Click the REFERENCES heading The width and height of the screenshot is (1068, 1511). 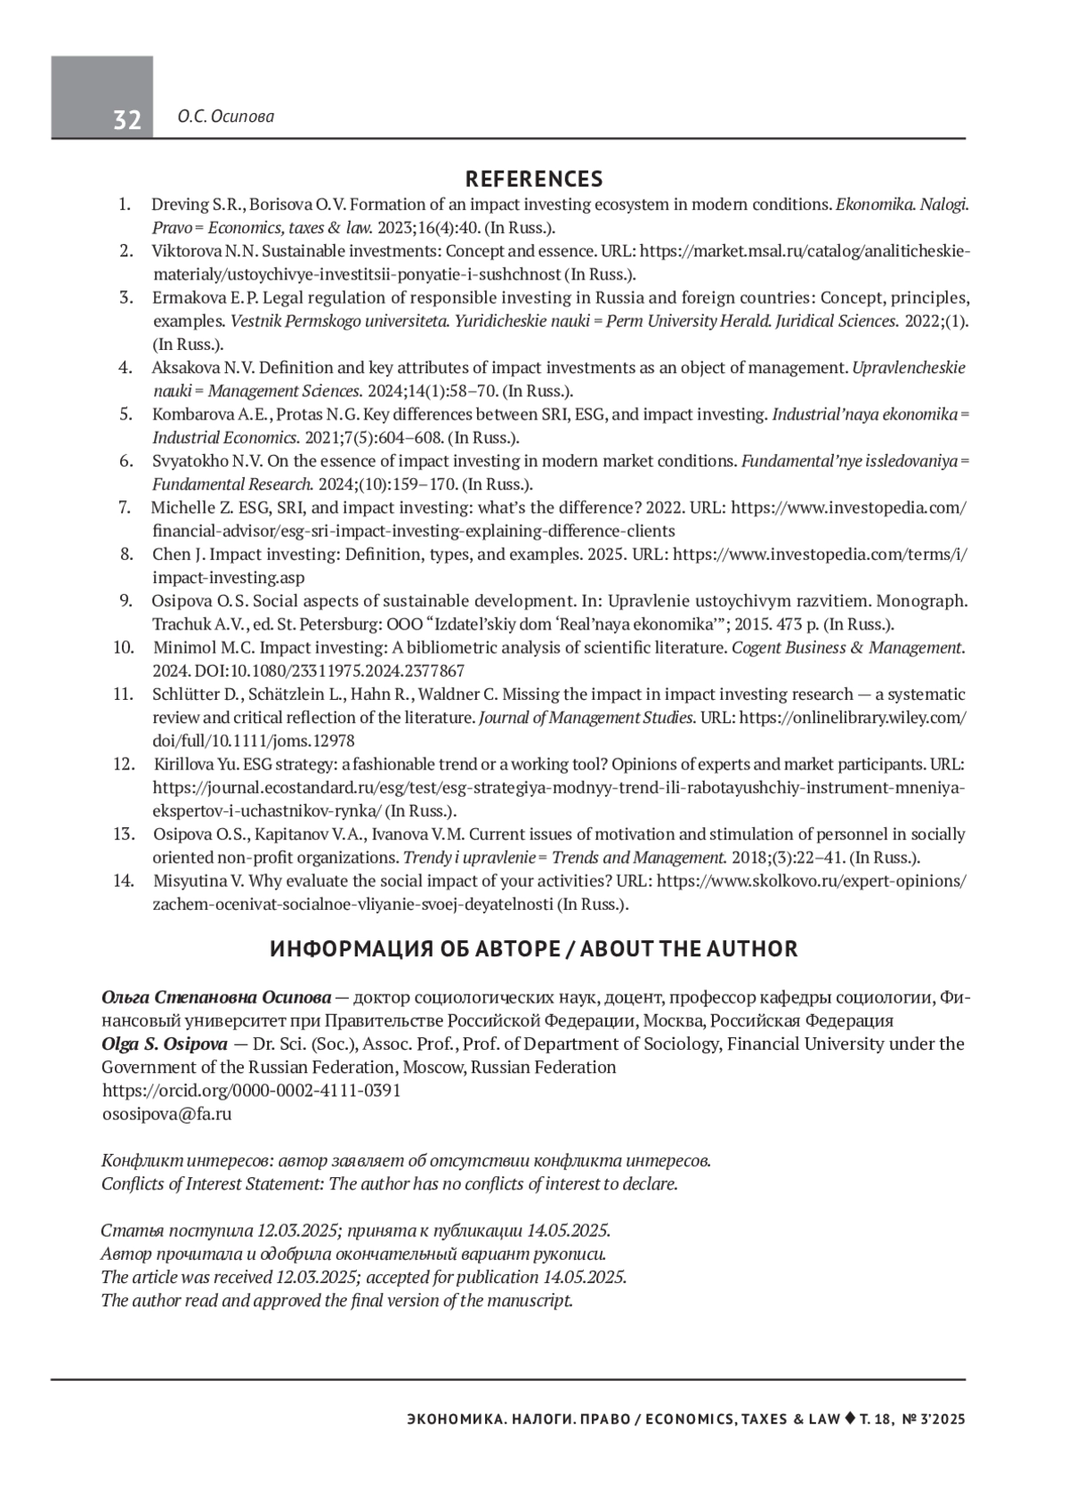[534, 179]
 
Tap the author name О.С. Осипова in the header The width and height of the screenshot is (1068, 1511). [225, 117]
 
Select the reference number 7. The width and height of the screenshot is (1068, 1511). [125, 508]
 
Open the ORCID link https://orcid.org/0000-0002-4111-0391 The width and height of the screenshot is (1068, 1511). [252, 1090]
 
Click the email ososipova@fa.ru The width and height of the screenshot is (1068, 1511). [167, 1113]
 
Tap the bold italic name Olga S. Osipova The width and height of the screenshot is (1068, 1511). [165, 1044]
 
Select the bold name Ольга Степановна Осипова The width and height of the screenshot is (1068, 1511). [216, 996]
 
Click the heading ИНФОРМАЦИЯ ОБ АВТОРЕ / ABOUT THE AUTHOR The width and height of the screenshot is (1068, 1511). [534, 949]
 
